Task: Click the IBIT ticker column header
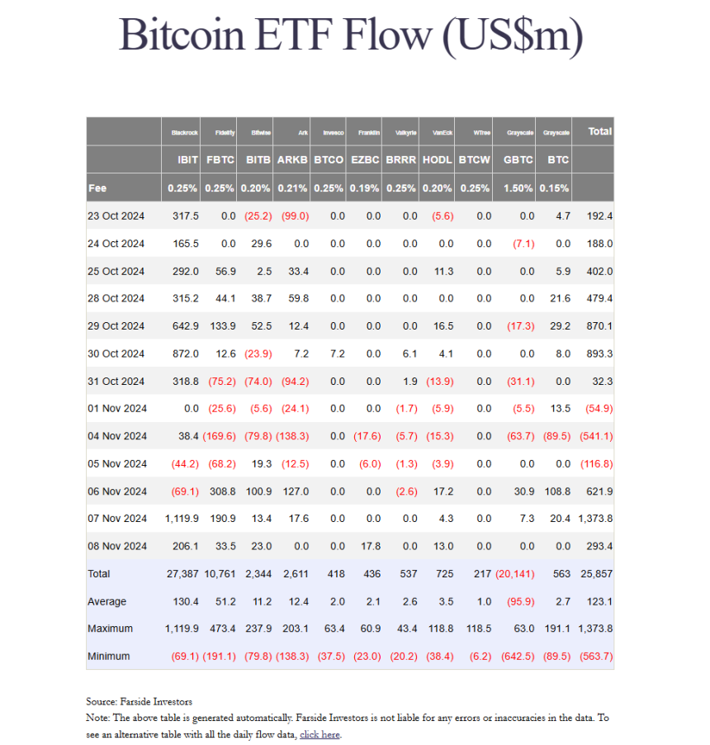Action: tap(187, 159)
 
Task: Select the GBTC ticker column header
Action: tap(518, 159)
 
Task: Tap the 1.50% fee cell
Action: tap(518, 187)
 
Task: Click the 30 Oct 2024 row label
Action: tap(116, 354)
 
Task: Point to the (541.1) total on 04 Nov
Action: tap(594, 436)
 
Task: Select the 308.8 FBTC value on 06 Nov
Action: tap(221, 491)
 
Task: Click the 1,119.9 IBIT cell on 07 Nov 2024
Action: tap(181, 519)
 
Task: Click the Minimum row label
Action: tap(109, 656)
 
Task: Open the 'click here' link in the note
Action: tap(319, 734)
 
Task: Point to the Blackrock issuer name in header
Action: tap(185, 132)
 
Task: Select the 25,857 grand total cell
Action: tap(595, 574)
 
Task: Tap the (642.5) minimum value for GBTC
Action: tap(518, 656)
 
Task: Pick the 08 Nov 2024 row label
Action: tap(116, 546)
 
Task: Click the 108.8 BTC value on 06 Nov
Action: tap(556, 491)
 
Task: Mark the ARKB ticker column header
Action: tap(292, 159)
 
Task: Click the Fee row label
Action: tap(97, 187)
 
